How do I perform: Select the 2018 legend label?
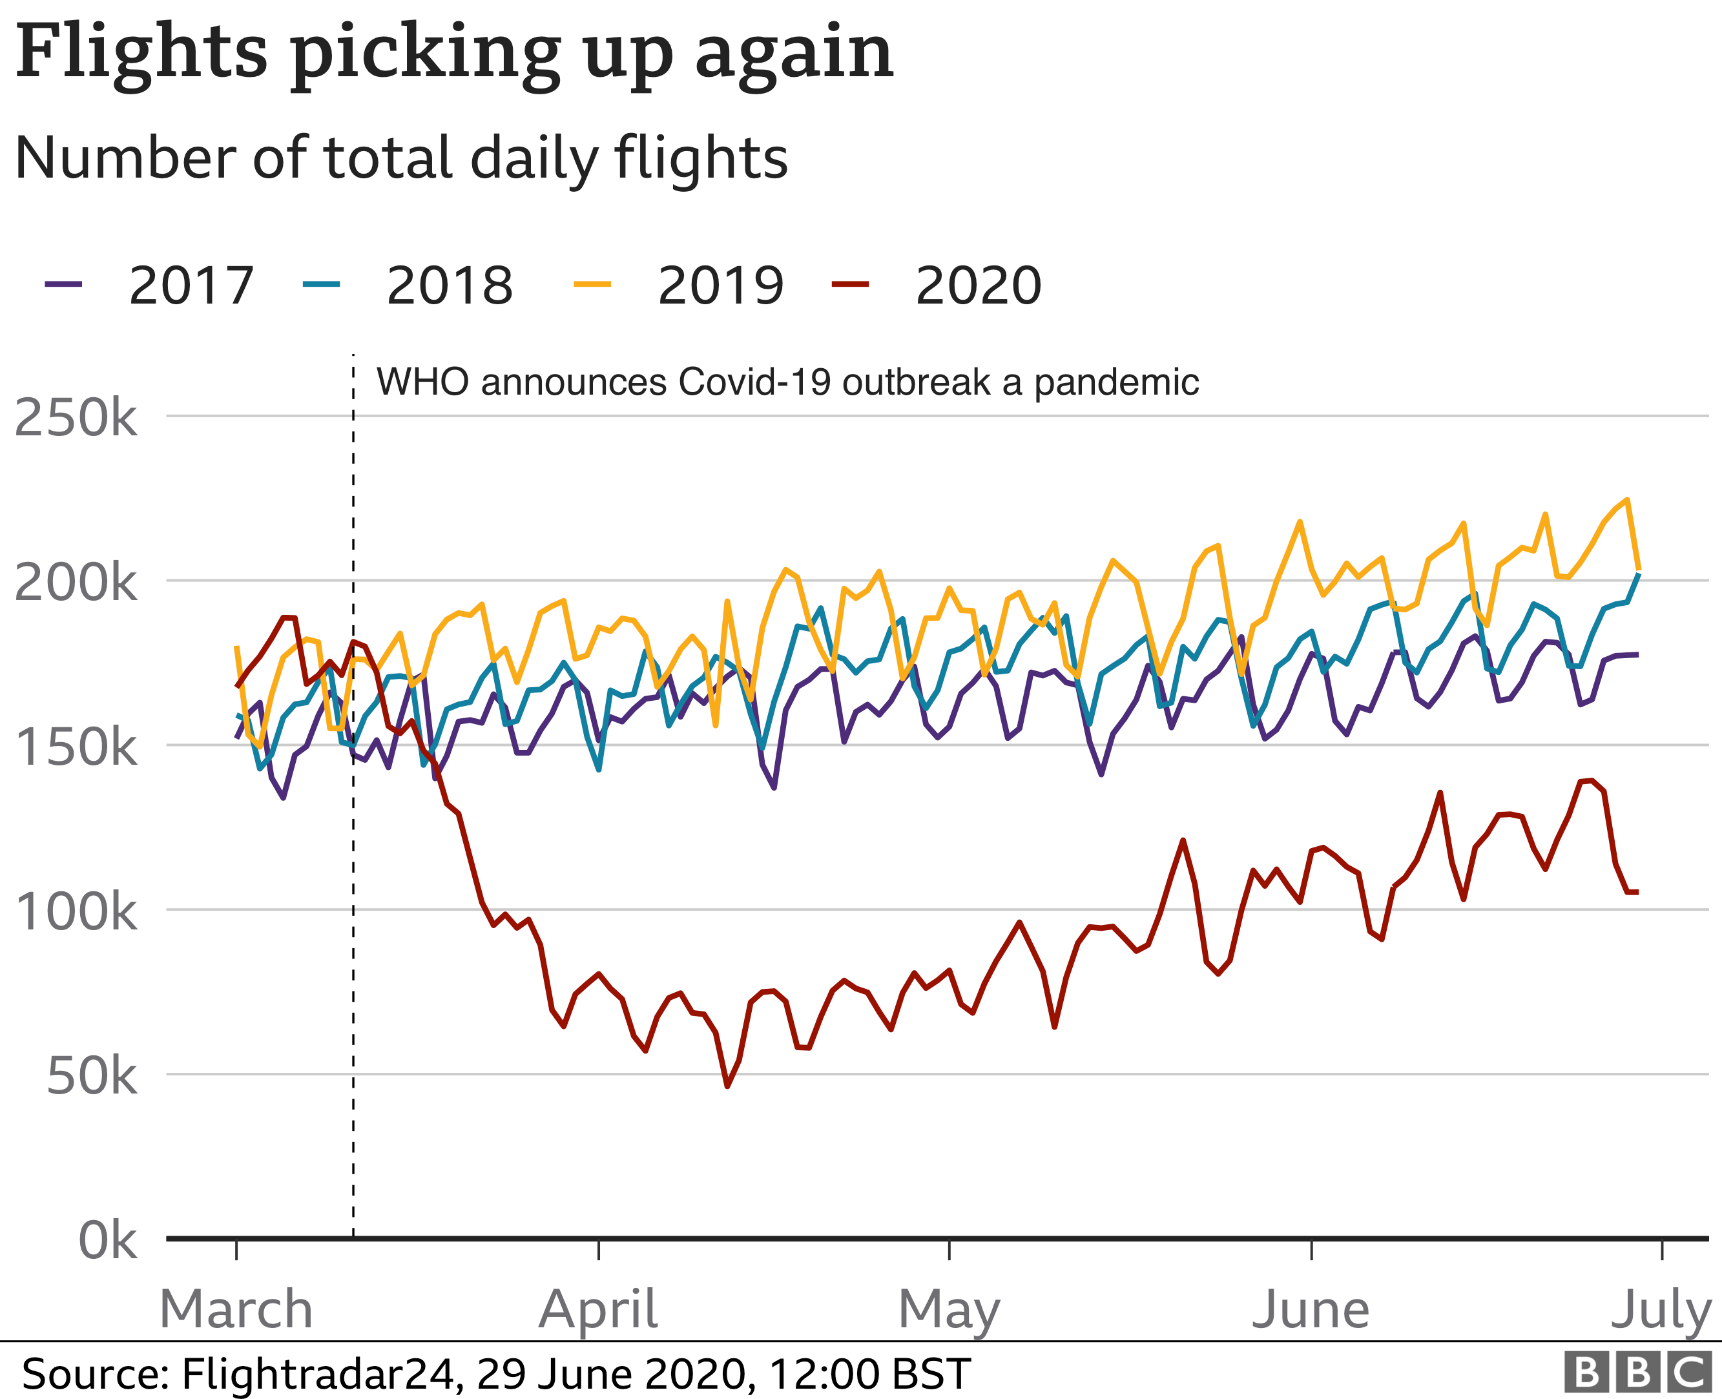click(449, 285)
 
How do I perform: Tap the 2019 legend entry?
click(720, 285)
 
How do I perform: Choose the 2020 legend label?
click(977, 285)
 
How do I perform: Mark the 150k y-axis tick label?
click(76, 747)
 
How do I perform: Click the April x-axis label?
click(598, 1310)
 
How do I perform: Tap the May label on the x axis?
click(949, 1311)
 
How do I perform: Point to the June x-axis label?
click(1311, 1310)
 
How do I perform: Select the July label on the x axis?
click(1661, 1311)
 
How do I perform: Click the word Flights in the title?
click(141, 53)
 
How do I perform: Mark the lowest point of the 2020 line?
click(727, 1086)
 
